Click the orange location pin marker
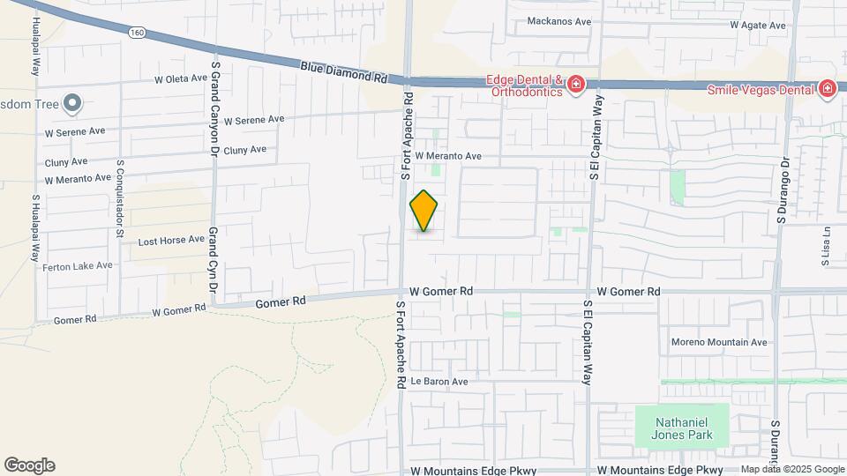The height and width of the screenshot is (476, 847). pyautogui.click(x=423, y=210)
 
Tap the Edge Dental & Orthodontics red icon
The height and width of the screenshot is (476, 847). pyautogui.click(x=576, y=85)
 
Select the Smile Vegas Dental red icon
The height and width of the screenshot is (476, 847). pyautogui.click(x=827, y=88)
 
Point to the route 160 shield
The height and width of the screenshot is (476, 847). pyautogui.click(x=136, y=33)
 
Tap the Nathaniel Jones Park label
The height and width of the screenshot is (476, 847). pyautogui.click(x=682, y=425)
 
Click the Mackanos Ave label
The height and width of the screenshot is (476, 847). pyautogui.click(x=558, y=21)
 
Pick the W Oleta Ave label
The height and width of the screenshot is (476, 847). pyautogui.click(x=180, y=79)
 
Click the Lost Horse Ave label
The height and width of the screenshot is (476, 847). pyautogui.click(x=171, y=240)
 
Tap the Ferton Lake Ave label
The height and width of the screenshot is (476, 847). pyautogui.click(x=79, y=265)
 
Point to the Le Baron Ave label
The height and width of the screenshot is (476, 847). pyautogui.click(x=438, y=382)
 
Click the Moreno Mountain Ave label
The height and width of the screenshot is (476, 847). pyautogui.click(x=719, y=342)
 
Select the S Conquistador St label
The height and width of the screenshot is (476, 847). pyautogui.click(x=119, y=199)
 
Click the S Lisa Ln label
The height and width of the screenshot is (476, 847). pyautogui.click(x=827, y=246)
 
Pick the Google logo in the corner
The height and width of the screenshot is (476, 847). pyautogui.click(x=29, y=465)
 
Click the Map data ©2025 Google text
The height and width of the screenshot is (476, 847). pyautogui.click(x=791, y=469)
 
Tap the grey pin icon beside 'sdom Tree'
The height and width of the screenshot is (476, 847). pyautogui.click(x=73, y=105)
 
